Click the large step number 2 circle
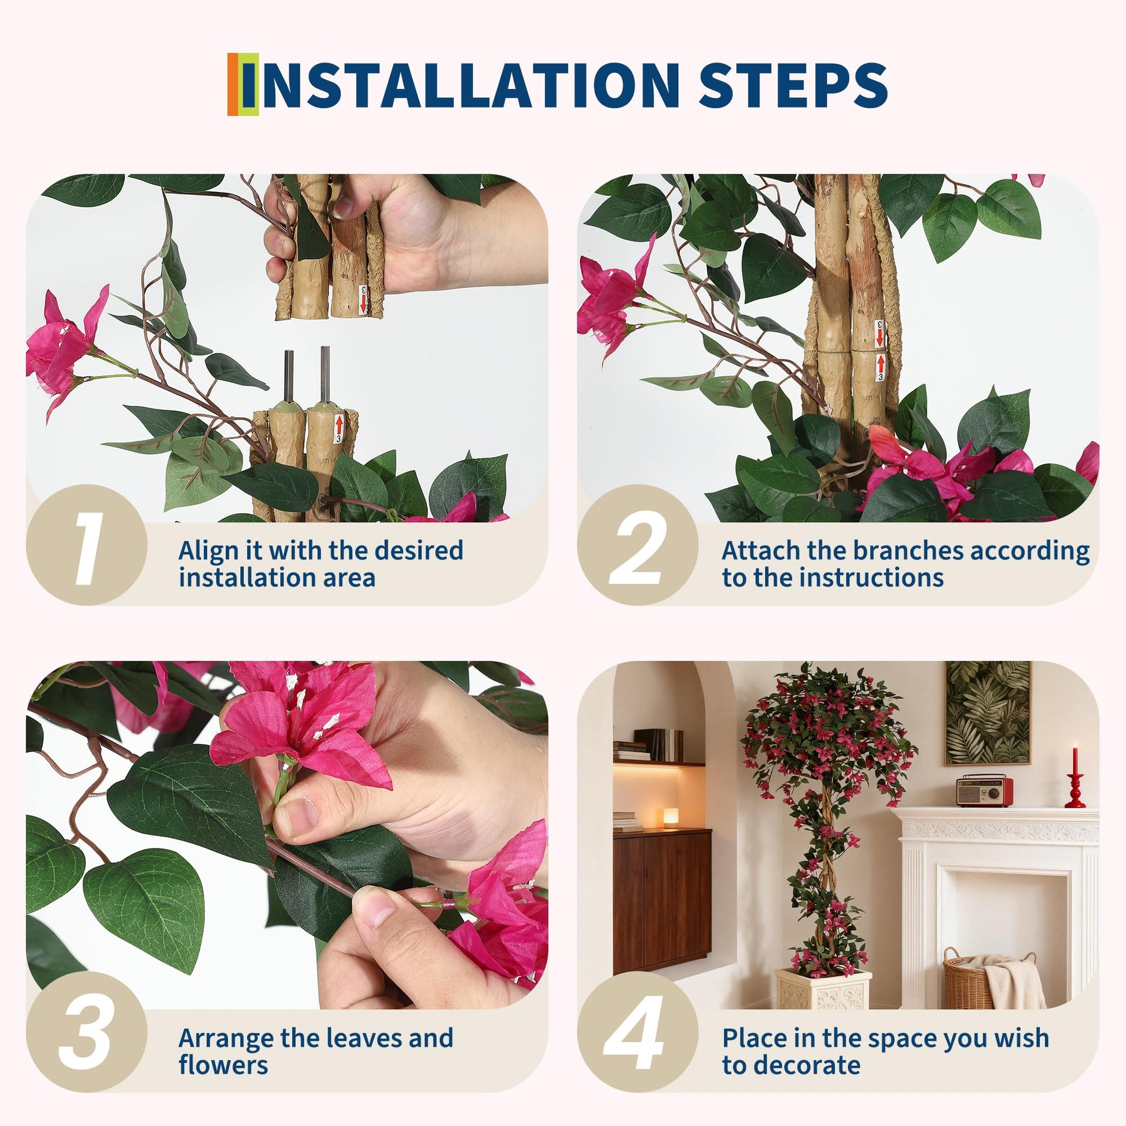pos(637,544)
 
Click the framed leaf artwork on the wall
pos(987,713)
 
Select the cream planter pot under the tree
pos(823,989)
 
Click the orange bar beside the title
pos(233,84)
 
